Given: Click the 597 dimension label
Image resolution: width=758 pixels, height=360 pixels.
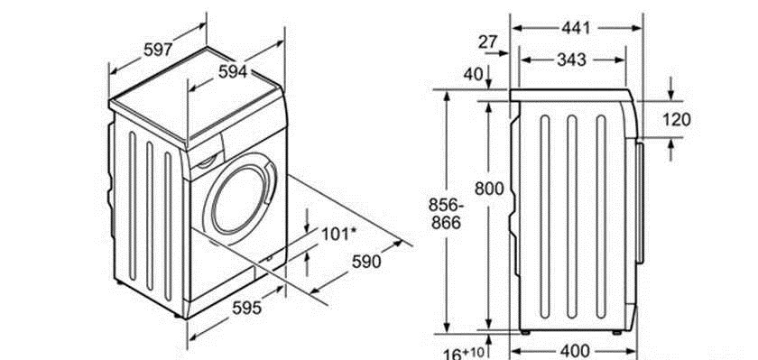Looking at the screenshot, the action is tap(158, 49).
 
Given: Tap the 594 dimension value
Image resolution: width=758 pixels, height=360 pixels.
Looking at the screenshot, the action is tap(233, 71).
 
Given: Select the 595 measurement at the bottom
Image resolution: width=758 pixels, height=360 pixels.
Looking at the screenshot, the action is tap(246, 308).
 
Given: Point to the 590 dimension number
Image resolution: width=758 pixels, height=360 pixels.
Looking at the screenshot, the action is tap(366, 261).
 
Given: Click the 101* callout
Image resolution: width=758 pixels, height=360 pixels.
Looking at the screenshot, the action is tap(339, 235).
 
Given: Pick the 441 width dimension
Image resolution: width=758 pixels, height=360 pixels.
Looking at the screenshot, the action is tap(576, 28).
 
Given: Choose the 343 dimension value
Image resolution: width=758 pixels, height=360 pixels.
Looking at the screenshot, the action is tap(571, 60).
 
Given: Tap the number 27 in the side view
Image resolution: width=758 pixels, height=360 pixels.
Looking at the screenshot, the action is tap(488, 42).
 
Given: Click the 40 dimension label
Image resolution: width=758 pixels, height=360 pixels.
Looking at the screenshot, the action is tap(473, 74).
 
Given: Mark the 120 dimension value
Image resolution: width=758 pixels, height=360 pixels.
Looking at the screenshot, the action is tap(676, 119).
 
